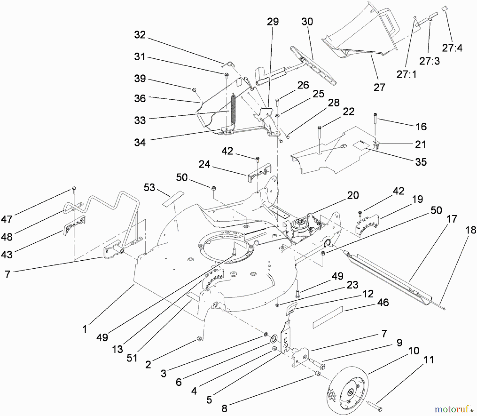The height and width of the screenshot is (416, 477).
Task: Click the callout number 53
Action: (149, 187)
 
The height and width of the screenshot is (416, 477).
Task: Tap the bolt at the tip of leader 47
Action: (74, 189)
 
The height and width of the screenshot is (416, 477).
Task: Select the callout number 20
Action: (353, 195)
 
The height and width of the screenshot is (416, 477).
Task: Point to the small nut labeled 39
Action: (194, 90)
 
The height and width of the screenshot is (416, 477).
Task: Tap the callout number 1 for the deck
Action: (85, 329)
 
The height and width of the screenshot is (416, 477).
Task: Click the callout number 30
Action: (307, 22)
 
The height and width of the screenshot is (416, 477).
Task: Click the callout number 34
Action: (140, 143)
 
